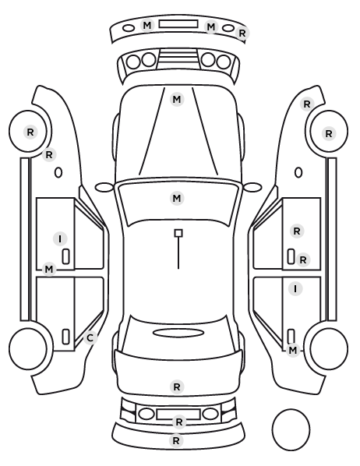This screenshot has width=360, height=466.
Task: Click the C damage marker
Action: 90,338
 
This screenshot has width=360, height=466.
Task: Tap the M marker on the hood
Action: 177,99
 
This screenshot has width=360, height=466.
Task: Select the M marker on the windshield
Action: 177,198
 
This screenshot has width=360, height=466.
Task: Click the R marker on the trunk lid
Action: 177,387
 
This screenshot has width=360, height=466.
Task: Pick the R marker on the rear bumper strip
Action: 176,440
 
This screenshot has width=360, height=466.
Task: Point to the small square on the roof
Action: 178,233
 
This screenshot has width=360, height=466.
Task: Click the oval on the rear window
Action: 178,333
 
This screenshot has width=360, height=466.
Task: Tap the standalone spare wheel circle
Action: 291,429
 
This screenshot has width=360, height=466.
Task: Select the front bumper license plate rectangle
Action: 178,24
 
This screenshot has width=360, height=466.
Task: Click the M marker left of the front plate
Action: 147,26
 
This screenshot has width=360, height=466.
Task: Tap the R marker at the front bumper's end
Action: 242,34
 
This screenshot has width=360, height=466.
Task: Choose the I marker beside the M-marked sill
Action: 60,239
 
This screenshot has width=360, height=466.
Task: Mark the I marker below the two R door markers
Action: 295,289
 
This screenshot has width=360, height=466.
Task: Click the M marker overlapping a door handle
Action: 293,350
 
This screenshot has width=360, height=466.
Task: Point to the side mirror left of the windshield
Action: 104,188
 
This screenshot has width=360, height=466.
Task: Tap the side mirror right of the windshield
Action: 252,187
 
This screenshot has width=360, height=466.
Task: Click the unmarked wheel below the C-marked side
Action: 28,348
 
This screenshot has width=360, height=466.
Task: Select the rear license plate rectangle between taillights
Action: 178,415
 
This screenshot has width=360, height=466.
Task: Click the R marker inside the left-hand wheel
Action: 30,132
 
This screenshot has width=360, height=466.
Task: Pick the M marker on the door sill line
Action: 49,270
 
